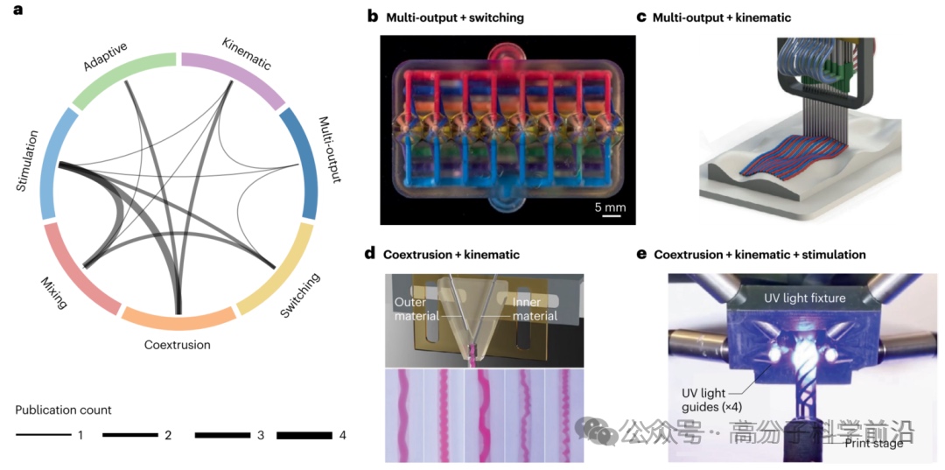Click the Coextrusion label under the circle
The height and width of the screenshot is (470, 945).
point(178,345)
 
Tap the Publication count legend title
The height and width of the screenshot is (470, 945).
point(63,410)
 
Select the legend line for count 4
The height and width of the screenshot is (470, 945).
point(304,435)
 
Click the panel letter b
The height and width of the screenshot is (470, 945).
point(372,16)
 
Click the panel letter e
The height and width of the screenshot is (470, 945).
point(641,255)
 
